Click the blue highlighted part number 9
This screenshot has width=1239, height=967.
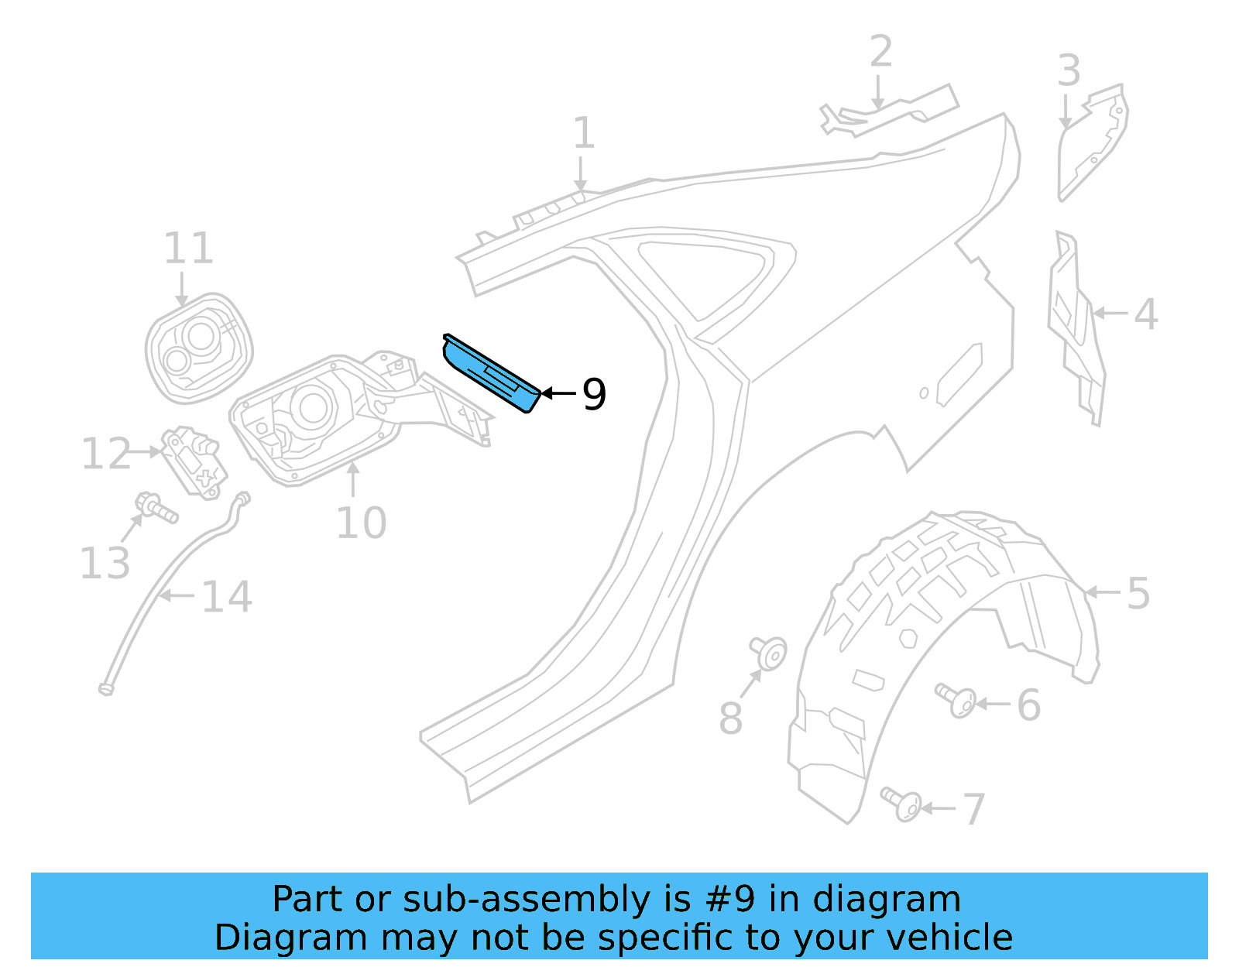491,374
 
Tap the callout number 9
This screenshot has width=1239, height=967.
594,394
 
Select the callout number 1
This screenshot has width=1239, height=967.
583,133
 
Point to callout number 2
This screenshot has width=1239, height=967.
880,52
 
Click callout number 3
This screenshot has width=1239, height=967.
1069,71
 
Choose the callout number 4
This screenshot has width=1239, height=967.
1146,314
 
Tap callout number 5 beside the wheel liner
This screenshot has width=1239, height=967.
1138,594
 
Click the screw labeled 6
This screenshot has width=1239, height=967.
957,700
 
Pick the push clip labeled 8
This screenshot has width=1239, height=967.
768,652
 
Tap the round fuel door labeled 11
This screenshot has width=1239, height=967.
199,348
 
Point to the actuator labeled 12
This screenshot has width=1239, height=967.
194,461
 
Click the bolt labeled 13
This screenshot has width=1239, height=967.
157,509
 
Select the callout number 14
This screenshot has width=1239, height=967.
227,597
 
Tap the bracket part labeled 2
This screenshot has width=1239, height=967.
891,113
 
